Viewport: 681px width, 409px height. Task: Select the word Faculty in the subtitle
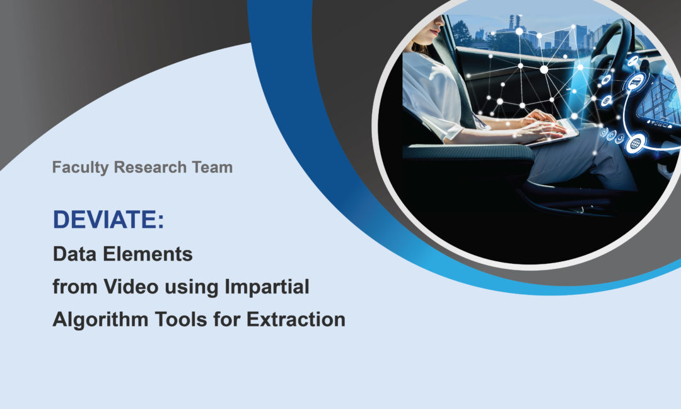(80, 168)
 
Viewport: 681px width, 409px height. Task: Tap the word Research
(150, 167)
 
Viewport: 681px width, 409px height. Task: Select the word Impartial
(267, 287)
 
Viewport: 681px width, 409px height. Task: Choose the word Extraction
(296, 319)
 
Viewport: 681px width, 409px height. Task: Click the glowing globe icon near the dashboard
(635, 143)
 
